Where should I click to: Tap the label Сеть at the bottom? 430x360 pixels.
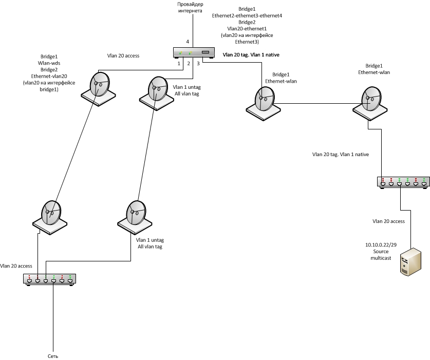(52, 355)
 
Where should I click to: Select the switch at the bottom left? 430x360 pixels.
(49, 279)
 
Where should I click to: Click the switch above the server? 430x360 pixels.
(403, 181)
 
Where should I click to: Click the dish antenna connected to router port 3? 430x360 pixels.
(264, 100)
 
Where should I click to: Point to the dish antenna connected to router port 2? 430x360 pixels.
(155, 91)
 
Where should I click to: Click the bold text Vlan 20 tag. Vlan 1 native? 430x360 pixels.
(251, 54)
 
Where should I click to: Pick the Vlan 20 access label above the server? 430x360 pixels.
(388, 221)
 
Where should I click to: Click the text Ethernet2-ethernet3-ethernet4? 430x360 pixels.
(247, 16)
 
